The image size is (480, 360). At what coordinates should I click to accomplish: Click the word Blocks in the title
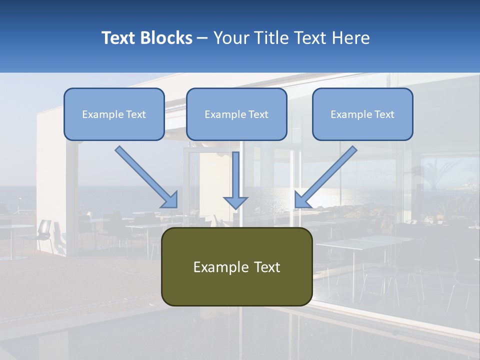tap(165, 38)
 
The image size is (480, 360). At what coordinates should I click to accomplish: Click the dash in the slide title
tap(202, 38)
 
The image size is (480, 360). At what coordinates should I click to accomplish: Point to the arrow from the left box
tap(145, 175)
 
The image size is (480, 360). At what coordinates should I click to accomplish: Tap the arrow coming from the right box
tap(327, 175)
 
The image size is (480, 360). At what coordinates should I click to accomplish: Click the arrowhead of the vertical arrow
tap(235, 202)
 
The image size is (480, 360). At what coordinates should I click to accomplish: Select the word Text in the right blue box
tap(384, 114)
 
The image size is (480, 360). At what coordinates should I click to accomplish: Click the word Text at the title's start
tap(119, 38)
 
